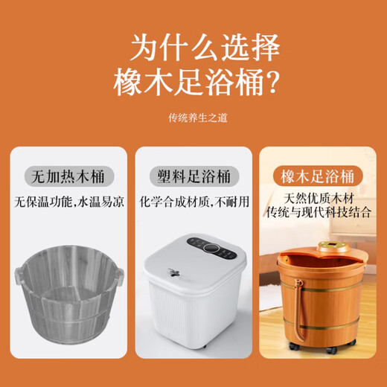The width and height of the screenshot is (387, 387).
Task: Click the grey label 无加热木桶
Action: tap(67, 177)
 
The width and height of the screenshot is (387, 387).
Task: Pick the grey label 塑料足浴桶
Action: tap(193, 177)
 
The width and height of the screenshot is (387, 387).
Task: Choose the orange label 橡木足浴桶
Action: tap(319, 176)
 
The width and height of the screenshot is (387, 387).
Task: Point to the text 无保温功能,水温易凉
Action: tap(67, 202)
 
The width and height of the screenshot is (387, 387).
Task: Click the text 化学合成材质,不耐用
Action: tap(193, 202)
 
